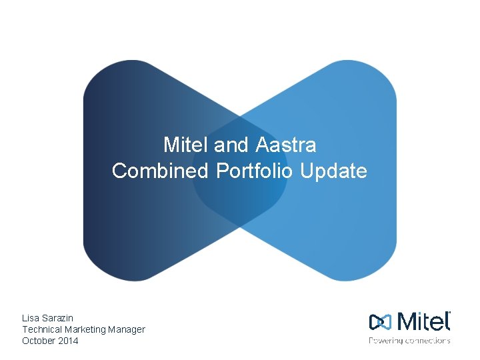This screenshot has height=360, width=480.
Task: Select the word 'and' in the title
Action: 232,145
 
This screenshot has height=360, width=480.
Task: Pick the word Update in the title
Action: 333,171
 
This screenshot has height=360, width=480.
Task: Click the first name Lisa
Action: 31,318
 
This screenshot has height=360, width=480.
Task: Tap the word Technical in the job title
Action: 42,329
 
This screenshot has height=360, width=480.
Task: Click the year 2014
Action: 69,341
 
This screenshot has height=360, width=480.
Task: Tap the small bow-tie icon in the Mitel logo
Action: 380,322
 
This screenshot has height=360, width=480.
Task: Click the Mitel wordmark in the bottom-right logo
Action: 423,321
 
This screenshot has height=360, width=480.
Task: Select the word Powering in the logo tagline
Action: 387,341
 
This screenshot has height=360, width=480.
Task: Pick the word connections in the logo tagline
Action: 429,341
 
